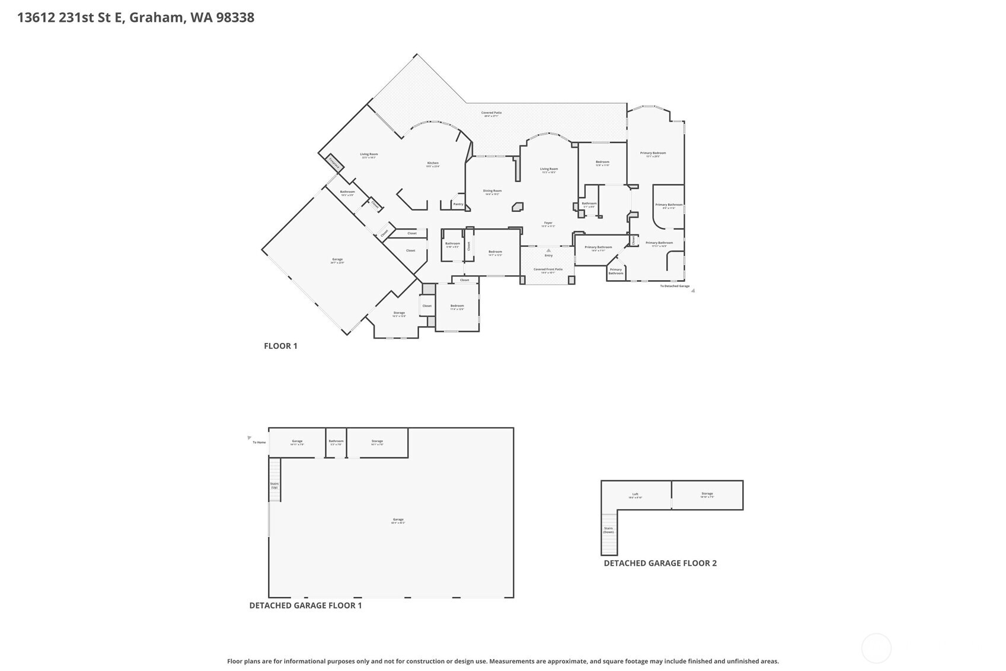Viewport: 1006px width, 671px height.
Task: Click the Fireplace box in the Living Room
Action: pyautogui.click(x=334, y=163)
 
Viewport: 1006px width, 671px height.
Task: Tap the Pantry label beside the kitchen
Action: pyautogui.click(x=458, y=204)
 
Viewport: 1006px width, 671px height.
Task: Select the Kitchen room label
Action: pyautogui.click(x=433, y=163)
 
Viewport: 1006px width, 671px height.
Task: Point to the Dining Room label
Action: pyautogui.click(x=492, y=191)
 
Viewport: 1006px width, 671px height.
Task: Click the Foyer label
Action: pyautogui.click(x=548, y=223)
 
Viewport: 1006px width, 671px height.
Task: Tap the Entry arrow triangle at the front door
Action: pyautogui.click(x=548, y=250)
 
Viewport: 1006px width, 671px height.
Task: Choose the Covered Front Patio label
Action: pyautogui.click(x=548, y=269)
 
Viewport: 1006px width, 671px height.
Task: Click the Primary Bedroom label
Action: pyautogui.click(x=653, y=153)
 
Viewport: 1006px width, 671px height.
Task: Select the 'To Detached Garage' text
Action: pyautogui.click(x=675, y=286)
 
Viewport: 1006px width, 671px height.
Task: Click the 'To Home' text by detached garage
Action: pyautogui.click(x=259, y=443)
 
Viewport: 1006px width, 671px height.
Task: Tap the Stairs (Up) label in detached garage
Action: pyautogui.click(x=274, y=485)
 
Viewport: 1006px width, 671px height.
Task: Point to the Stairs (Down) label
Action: pyautogui.click(x=608, y=530)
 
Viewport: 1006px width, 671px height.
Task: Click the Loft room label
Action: pyautogui.click(x=635, y=494)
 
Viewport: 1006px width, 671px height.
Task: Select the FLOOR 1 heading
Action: pyautogui.click(x=280, y=346)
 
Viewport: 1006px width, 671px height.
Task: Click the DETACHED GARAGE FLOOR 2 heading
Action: pyautogui.click(x=660, y=563)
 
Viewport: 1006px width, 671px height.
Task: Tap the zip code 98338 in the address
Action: pyautogui.click(x=235, y=17)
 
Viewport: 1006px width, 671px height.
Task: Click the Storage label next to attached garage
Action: pyautogui.click(x=399, y=313)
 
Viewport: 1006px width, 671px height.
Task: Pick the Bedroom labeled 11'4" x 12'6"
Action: pyautogui.click(x=456, y=306)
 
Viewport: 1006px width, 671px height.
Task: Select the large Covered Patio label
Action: pyautogui.click(x=491, y=113)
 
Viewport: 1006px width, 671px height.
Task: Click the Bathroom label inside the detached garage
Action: pyautogui.click(x=336, y=441)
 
